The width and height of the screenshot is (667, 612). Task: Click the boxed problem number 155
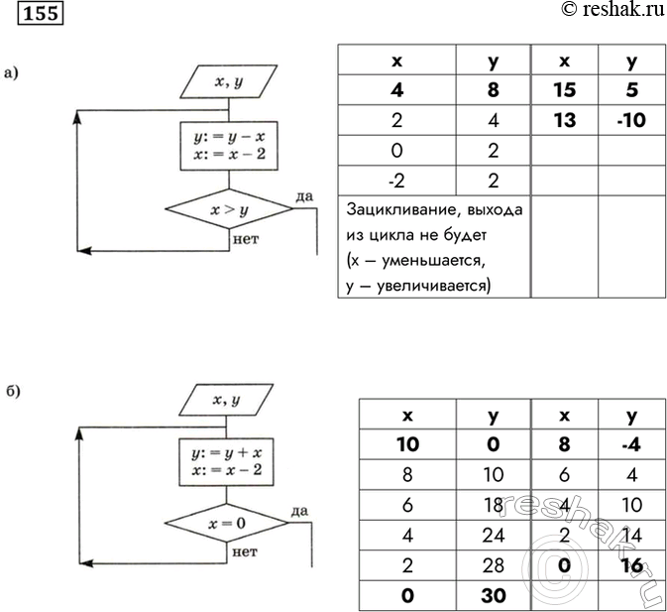(41, 13)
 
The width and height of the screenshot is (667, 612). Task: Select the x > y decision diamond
(229, 209)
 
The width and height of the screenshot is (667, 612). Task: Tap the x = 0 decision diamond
(227, 523)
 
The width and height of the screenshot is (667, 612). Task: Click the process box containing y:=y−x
(229, 146)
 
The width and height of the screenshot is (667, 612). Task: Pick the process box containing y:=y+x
(226, 462)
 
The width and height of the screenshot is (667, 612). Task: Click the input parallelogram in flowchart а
(229, 81)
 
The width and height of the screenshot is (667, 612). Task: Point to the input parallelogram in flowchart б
(226, 400)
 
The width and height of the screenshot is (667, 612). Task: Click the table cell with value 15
(565, 90)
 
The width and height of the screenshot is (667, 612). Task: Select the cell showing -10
(631, 120)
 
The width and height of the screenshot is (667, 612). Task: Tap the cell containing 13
(565, 120)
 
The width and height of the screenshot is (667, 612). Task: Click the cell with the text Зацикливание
(434, 247)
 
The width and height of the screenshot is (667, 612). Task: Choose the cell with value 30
(494, 596)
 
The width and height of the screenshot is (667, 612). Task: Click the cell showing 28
(494, 565)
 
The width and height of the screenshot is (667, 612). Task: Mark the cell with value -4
(631, 444)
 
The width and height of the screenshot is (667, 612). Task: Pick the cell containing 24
(494, 536)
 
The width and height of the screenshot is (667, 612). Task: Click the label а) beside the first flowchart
(12, 73)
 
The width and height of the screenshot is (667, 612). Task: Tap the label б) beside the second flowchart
(13, 390)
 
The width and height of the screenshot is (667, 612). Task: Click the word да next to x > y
(304, 196)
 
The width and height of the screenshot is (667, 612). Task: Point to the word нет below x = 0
(245, 552)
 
